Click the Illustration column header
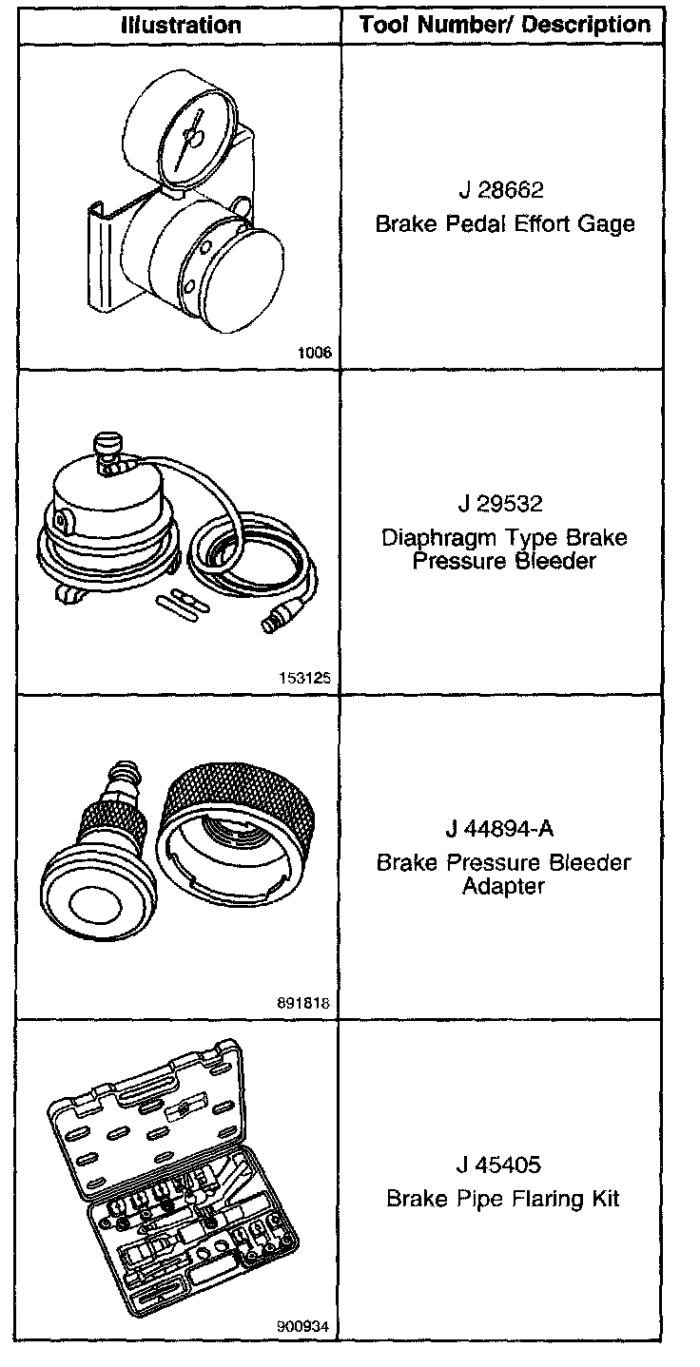pyautogui.click(x=181, y=25)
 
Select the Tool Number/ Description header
pyautogui.click(x=504, y=25)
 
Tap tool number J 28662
pyautogui.click(x=501, y=190)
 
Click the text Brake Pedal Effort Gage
pyautogui.click(x=504, y=224)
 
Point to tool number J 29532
pyautogui.click(x=500, y=504)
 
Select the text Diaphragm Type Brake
pyautogui.click(x=504, y=538)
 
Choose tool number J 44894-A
pyautogui.click(x=499, y=829)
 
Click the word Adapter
pyautogui.click(x=503, y=885)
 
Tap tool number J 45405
pyautogui.click(x=498, y=1165)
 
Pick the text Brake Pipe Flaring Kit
pyautogui.click(x=503, y=1199)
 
